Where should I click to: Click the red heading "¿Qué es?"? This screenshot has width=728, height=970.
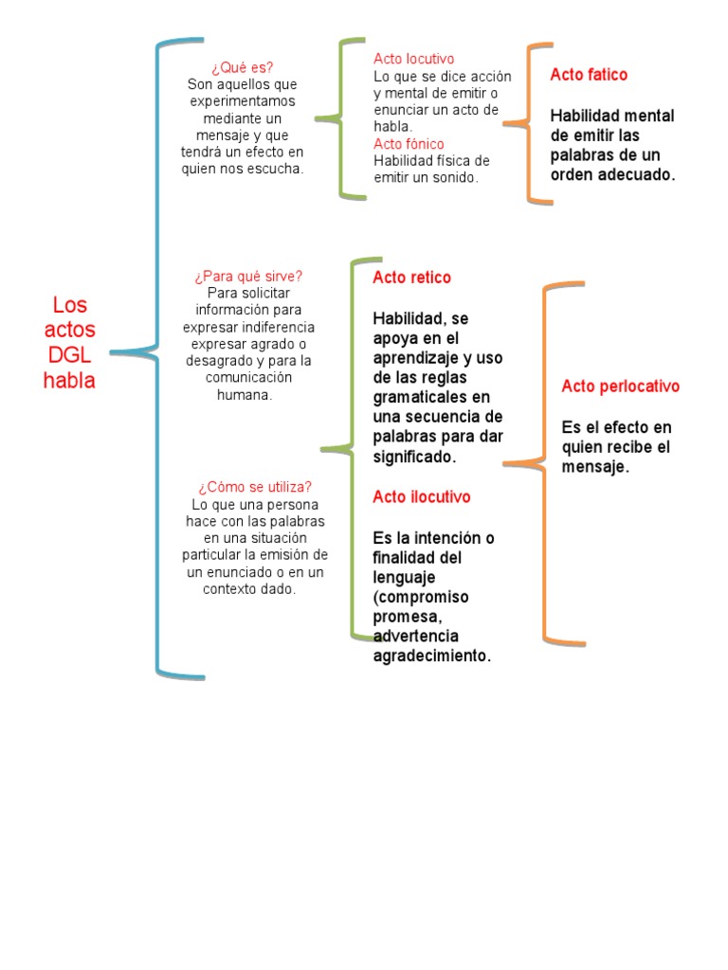(x=243, y=67)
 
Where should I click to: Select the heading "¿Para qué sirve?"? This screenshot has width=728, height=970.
(x=248, y=276)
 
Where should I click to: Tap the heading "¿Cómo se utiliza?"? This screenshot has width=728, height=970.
(x=255, y=487)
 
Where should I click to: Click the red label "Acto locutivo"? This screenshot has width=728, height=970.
(x=414, y=59)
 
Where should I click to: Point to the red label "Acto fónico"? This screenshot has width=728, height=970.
(x=409, y=144)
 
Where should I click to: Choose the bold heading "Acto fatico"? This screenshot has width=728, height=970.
(x=589, y=75)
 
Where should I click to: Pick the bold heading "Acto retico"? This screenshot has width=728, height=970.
(x=411, y=278)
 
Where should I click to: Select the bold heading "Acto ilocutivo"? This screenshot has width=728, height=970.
(x=421, y=497)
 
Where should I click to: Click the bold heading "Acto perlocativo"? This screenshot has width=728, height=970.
(x=620, y=386)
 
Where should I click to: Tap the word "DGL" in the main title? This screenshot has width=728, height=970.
(x=69, y=355)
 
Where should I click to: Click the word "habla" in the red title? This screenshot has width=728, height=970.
(x=69, y=381)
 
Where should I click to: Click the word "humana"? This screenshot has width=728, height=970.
(x=245, y=395)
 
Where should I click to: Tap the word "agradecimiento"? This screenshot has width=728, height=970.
(x=431, y=656)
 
